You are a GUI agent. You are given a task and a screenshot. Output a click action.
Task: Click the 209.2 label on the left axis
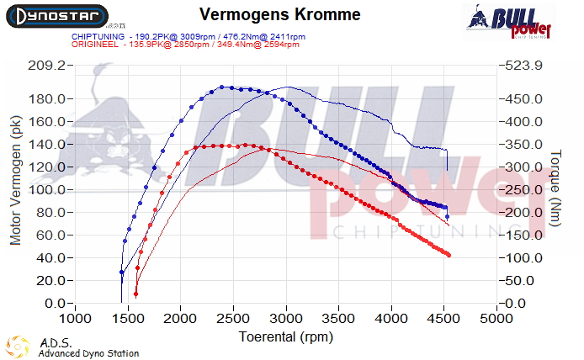[x=48, y=65]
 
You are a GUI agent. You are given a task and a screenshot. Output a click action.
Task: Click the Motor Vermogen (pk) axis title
[x=15, y=180]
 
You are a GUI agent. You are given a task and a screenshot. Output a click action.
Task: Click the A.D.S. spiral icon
[x=19, y=347]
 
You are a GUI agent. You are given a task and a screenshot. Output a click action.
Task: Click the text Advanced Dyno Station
[x=88, y=353]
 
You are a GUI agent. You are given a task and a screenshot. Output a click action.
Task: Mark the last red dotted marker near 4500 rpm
[x=449, y=255]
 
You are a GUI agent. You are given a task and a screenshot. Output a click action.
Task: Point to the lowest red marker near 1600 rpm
[x=135, y=294]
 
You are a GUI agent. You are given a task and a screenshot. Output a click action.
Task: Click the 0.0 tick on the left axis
[x=56, y=303]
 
